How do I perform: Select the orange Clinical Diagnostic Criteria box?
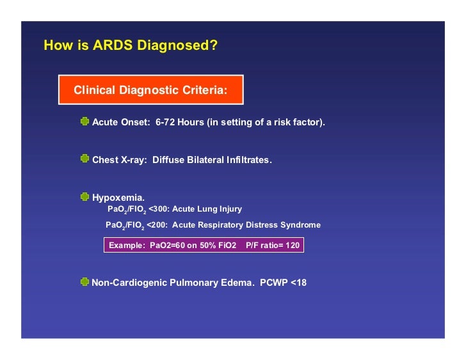click(150, 90)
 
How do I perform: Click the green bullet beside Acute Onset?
click(84, 121)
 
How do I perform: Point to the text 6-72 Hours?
click(179, 122)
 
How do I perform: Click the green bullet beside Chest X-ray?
click(84, 159)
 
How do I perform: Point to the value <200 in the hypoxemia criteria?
click(156, 225)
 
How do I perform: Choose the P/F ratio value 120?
click(292, 245)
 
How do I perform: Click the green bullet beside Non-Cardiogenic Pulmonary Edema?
click(84, 281)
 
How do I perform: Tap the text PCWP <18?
click(283, 282)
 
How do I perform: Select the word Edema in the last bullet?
click(236, 282)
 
